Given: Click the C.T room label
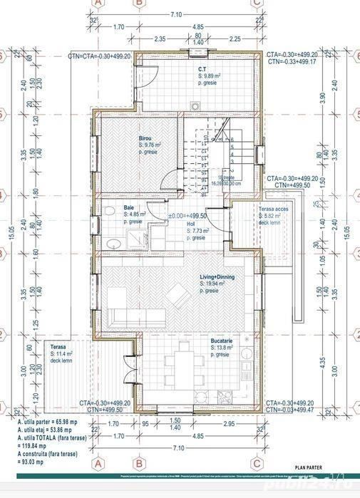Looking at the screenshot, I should click(x=202, y=68).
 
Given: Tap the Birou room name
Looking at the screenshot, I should click(x=145, y=140).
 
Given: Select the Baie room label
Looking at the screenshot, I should click(x=128, y=207).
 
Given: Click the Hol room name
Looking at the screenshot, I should click(x=191, y=224).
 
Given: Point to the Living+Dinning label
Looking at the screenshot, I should click(x=217, y=277).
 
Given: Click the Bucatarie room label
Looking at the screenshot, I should click(x=220, y=341).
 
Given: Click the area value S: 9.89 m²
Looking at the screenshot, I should click(x=211, y=74).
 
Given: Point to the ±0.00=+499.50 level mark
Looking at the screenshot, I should click(x=187, y=216).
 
